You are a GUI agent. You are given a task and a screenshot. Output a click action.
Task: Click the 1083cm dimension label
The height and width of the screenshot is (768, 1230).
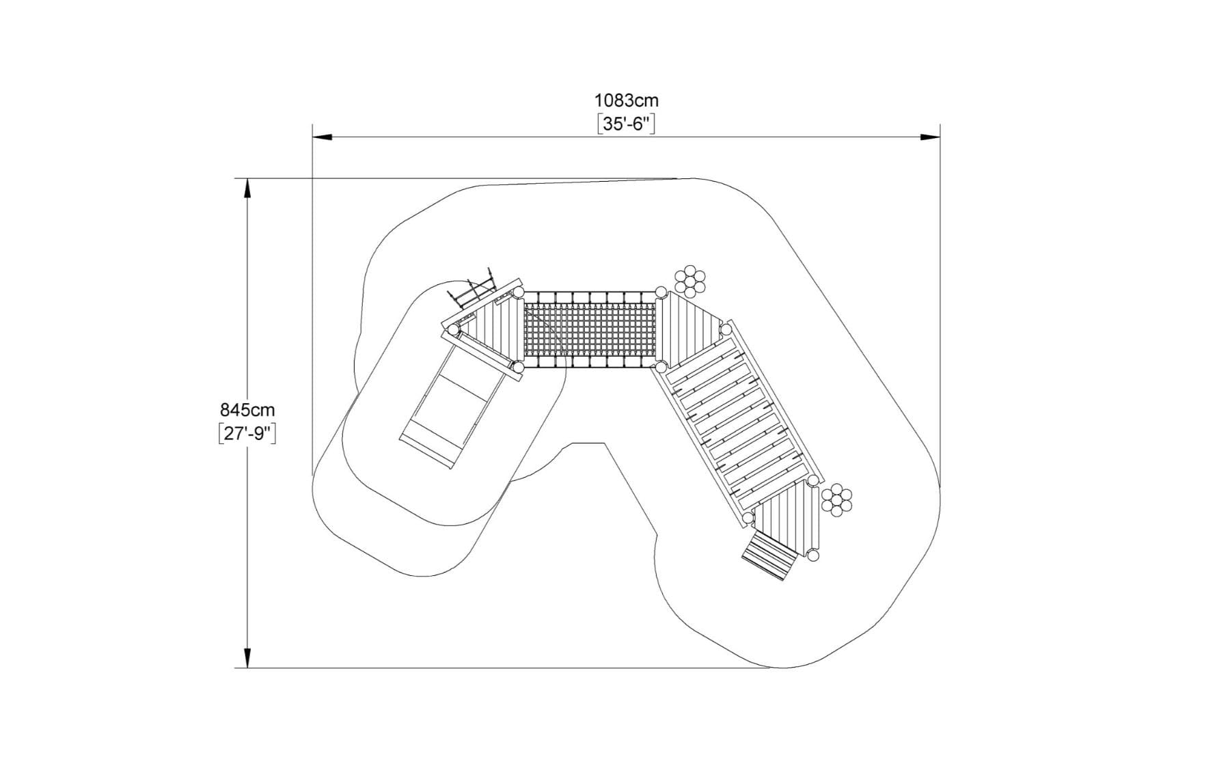pos(626,100)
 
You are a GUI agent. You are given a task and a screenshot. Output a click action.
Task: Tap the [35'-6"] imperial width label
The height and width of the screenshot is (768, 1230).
pos(626,124)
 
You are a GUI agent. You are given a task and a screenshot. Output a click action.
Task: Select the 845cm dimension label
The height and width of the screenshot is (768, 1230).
pos(247,410)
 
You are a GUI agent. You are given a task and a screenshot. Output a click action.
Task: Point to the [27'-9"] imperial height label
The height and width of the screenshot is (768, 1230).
pos(247,434)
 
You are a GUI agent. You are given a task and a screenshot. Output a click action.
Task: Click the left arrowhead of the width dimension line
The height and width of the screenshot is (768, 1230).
pos(323,137)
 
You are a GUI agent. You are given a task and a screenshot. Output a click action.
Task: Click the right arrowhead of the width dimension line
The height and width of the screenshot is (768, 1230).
pos(930,137)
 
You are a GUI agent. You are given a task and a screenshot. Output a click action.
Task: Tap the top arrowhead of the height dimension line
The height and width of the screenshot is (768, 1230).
pos(247,189)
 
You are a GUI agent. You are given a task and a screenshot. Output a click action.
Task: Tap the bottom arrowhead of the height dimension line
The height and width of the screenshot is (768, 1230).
pos(247,657)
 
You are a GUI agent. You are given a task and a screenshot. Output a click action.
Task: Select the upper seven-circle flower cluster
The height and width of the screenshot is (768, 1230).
pos(690,281)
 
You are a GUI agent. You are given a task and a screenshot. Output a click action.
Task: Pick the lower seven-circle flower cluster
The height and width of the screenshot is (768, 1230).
pos(837,501)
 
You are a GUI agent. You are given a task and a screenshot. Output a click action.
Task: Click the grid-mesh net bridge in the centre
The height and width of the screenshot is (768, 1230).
pos(589,331)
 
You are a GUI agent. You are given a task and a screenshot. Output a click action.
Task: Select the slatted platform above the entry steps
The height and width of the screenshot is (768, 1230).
pos(787,516)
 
